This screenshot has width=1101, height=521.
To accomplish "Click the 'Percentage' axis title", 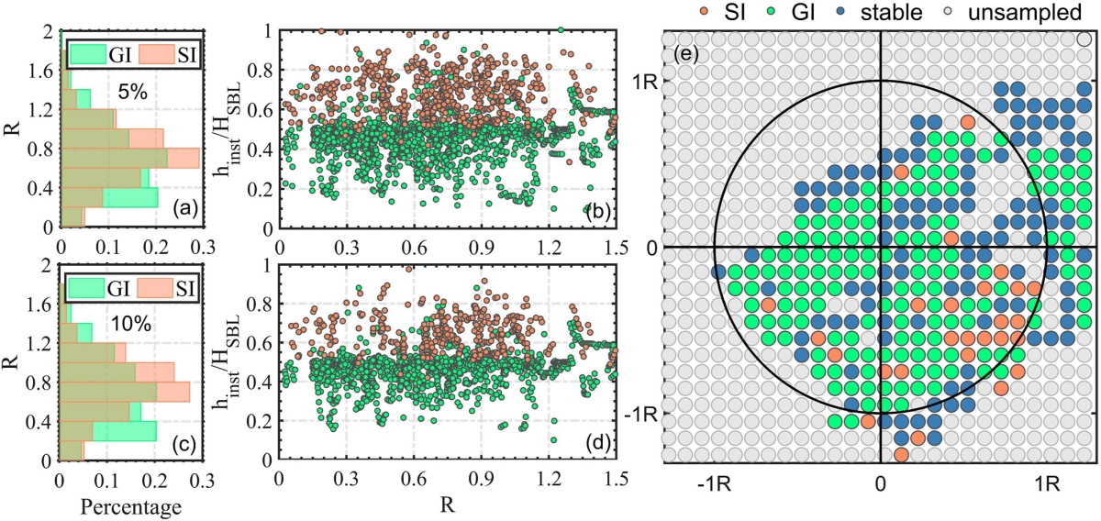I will (x=131, y=505).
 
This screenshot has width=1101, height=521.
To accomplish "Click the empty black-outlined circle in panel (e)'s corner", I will (x=1084, y=39).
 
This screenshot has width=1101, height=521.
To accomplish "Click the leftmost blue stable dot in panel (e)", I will (x=718, y=272).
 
